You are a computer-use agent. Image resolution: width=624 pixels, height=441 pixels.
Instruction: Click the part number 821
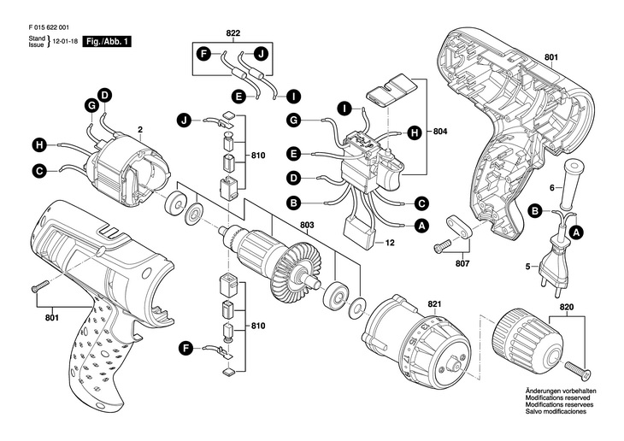pyautogui.click(x=434, y=303)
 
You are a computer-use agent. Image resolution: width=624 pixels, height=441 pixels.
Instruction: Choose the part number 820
pyautogui.click(x=567, y=305)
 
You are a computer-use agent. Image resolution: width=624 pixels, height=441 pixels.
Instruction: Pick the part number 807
pyautogui.click(x=462, y=264)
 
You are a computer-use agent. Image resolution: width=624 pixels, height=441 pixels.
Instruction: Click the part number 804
pyautogui.click(x=440, y=132)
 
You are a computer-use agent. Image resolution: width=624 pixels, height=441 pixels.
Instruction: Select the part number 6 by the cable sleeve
pyautogui.click(x=552, y=187)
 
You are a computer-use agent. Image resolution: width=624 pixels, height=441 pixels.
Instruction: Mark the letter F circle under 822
pyautogui.click(x=203, y=55)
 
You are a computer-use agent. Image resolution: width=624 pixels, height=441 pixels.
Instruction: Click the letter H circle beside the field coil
pyautogui.click(x=39, y=144)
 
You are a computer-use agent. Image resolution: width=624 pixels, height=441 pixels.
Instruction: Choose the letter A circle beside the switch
pyautogui.click(x=421, y=226)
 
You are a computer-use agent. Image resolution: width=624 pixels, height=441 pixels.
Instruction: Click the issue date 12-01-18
pyautogui.click(x=64, y=41)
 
